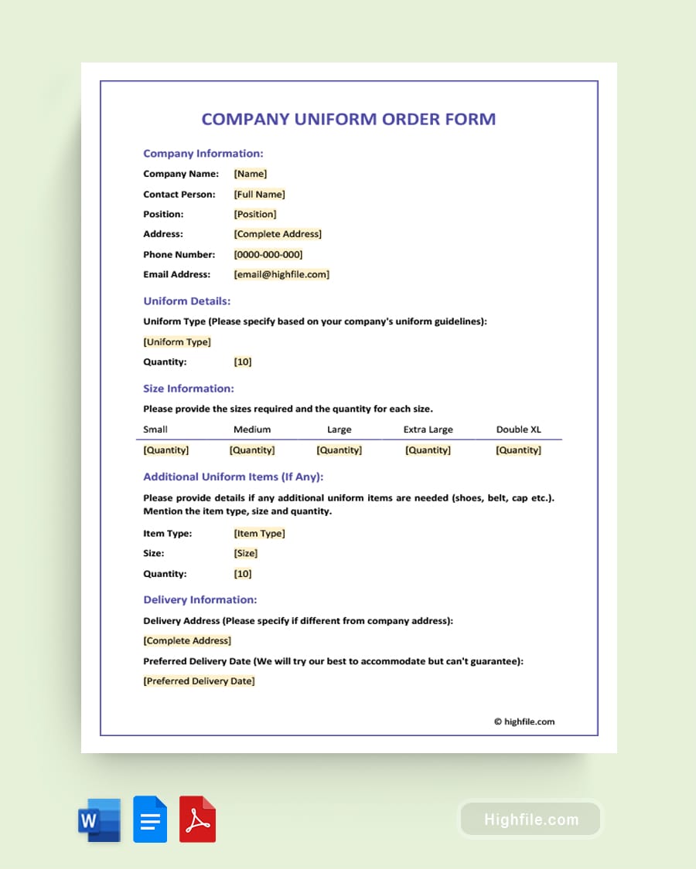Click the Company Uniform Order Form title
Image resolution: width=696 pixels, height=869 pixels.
pyautogui.click(x=348, y=119)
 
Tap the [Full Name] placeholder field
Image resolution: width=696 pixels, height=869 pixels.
pyautogui.click(x=259, y=194)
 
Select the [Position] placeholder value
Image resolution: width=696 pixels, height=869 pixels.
pyautogui.click(x=254, y=214)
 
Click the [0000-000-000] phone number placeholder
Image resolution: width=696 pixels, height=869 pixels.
pyautogui.click(x=268, y=254)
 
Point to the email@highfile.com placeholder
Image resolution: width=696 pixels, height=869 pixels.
pyautogui.click(x=281, y=274)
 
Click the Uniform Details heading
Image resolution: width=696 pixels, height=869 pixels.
pyautogui.click(x=186, y=301)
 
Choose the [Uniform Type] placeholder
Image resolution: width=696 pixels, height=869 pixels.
pyautogui.click(x=177, y=341)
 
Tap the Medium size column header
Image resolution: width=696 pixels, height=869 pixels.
pyautogui.click(x=252, y=429)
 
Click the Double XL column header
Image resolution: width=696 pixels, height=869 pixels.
pyautogui.click(x=518, y=429)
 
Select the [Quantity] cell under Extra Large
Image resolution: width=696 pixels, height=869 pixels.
pyautogui.click(x=428, y=450)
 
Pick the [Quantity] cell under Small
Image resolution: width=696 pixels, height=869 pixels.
pyautogui.click(x=165, y=450)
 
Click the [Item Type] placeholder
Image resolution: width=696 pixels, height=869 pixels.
pyautogui.click(x=259, y=533)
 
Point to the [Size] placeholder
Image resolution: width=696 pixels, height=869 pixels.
pyautogui.click(x=245, y=553)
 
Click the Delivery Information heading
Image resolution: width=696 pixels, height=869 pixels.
pyautogui.click(x=200, y=599)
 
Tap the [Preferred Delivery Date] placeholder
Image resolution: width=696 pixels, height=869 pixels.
pyautogui.click(x=199, y=681)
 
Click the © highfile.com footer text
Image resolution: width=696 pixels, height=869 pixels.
pyautogui.click(x=524, y=721)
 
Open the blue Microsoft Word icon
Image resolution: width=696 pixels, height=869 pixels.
pyautogui.click(x=99, y=820)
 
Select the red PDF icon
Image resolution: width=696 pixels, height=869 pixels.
pyautogui.click(x=197, y=819)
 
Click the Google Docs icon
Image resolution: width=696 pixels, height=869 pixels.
pyautogui.click(x=150, y=819)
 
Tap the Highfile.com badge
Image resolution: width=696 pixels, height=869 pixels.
pyautogui.click(x=531, y=820)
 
